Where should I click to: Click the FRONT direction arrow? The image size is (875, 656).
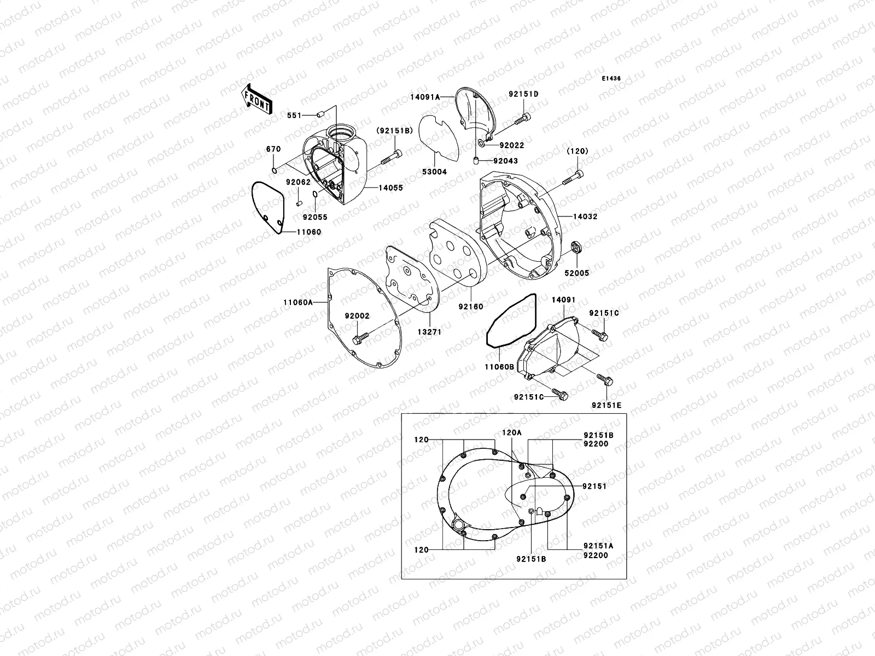pos(256,99)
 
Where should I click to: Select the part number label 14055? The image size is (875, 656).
pos(391,188)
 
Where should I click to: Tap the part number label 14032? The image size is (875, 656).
pos(585,216)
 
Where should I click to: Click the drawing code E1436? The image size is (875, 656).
pos(611,79)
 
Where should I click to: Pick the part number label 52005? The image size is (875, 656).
pos(577,272)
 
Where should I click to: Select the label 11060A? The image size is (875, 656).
pos(297,302)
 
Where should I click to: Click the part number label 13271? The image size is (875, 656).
pos(429,332)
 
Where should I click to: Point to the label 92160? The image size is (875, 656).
pos(471,307)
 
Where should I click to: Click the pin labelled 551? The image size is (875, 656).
pos(320,115)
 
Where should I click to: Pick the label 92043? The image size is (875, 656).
pos(505,161)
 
